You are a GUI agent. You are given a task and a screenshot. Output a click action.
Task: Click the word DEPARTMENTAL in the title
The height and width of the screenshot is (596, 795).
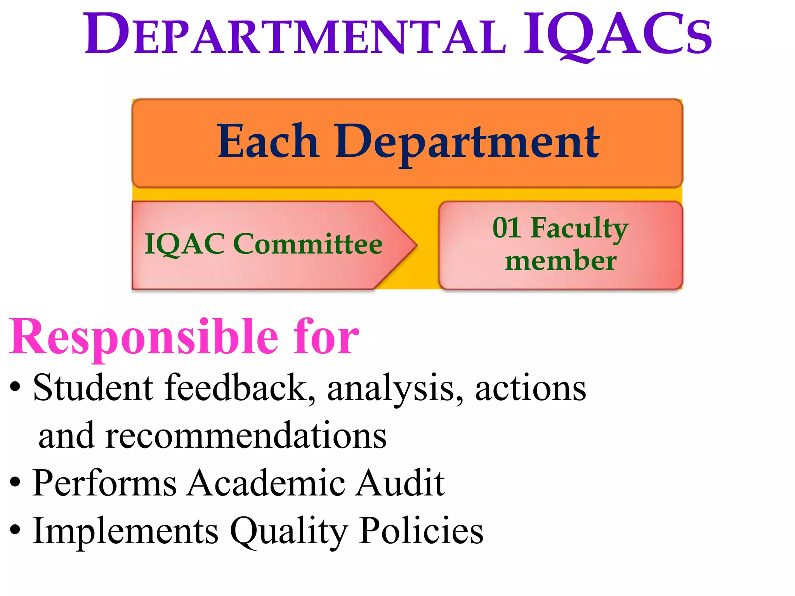point(295,35)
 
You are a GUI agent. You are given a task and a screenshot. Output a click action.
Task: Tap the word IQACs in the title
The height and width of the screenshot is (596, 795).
point(617,35)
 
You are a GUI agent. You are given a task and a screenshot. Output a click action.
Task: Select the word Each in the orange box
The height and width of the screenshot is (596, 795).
point(268,142)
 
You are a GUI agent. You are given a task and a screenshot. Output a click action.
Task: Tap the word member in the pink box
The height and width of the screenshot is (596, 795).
point(561,261)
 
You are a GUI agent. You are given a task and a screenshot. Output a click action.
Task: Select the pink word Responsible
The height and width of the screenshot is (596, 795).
point(144,338)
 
